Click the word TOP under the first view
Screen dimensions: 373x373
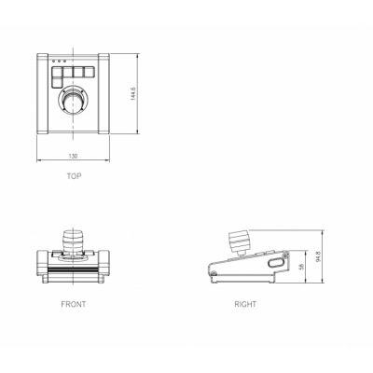click(x=74, y=176)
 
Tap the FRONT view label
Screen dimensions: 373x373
click(x=74, y=304)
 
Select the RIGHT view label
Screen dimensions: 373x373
click(x=245, y=304)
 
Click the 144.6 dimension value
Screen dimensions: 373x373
click(x=132, y=93)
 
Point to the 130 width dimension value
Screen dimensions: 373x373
click(x=73, y=156)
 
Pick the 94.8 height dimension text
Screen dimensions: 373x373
click(x=318, y=256)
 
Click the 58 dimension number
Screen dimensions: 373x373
click(x=301, y=267)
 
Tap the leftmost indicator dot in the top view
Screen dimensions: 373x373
click(x=53, y=61)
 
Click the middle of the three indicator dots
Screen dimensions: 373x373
click(x=59, y=61)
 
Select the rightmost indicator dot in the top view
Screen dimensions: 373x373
click(x=64, y=61)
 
